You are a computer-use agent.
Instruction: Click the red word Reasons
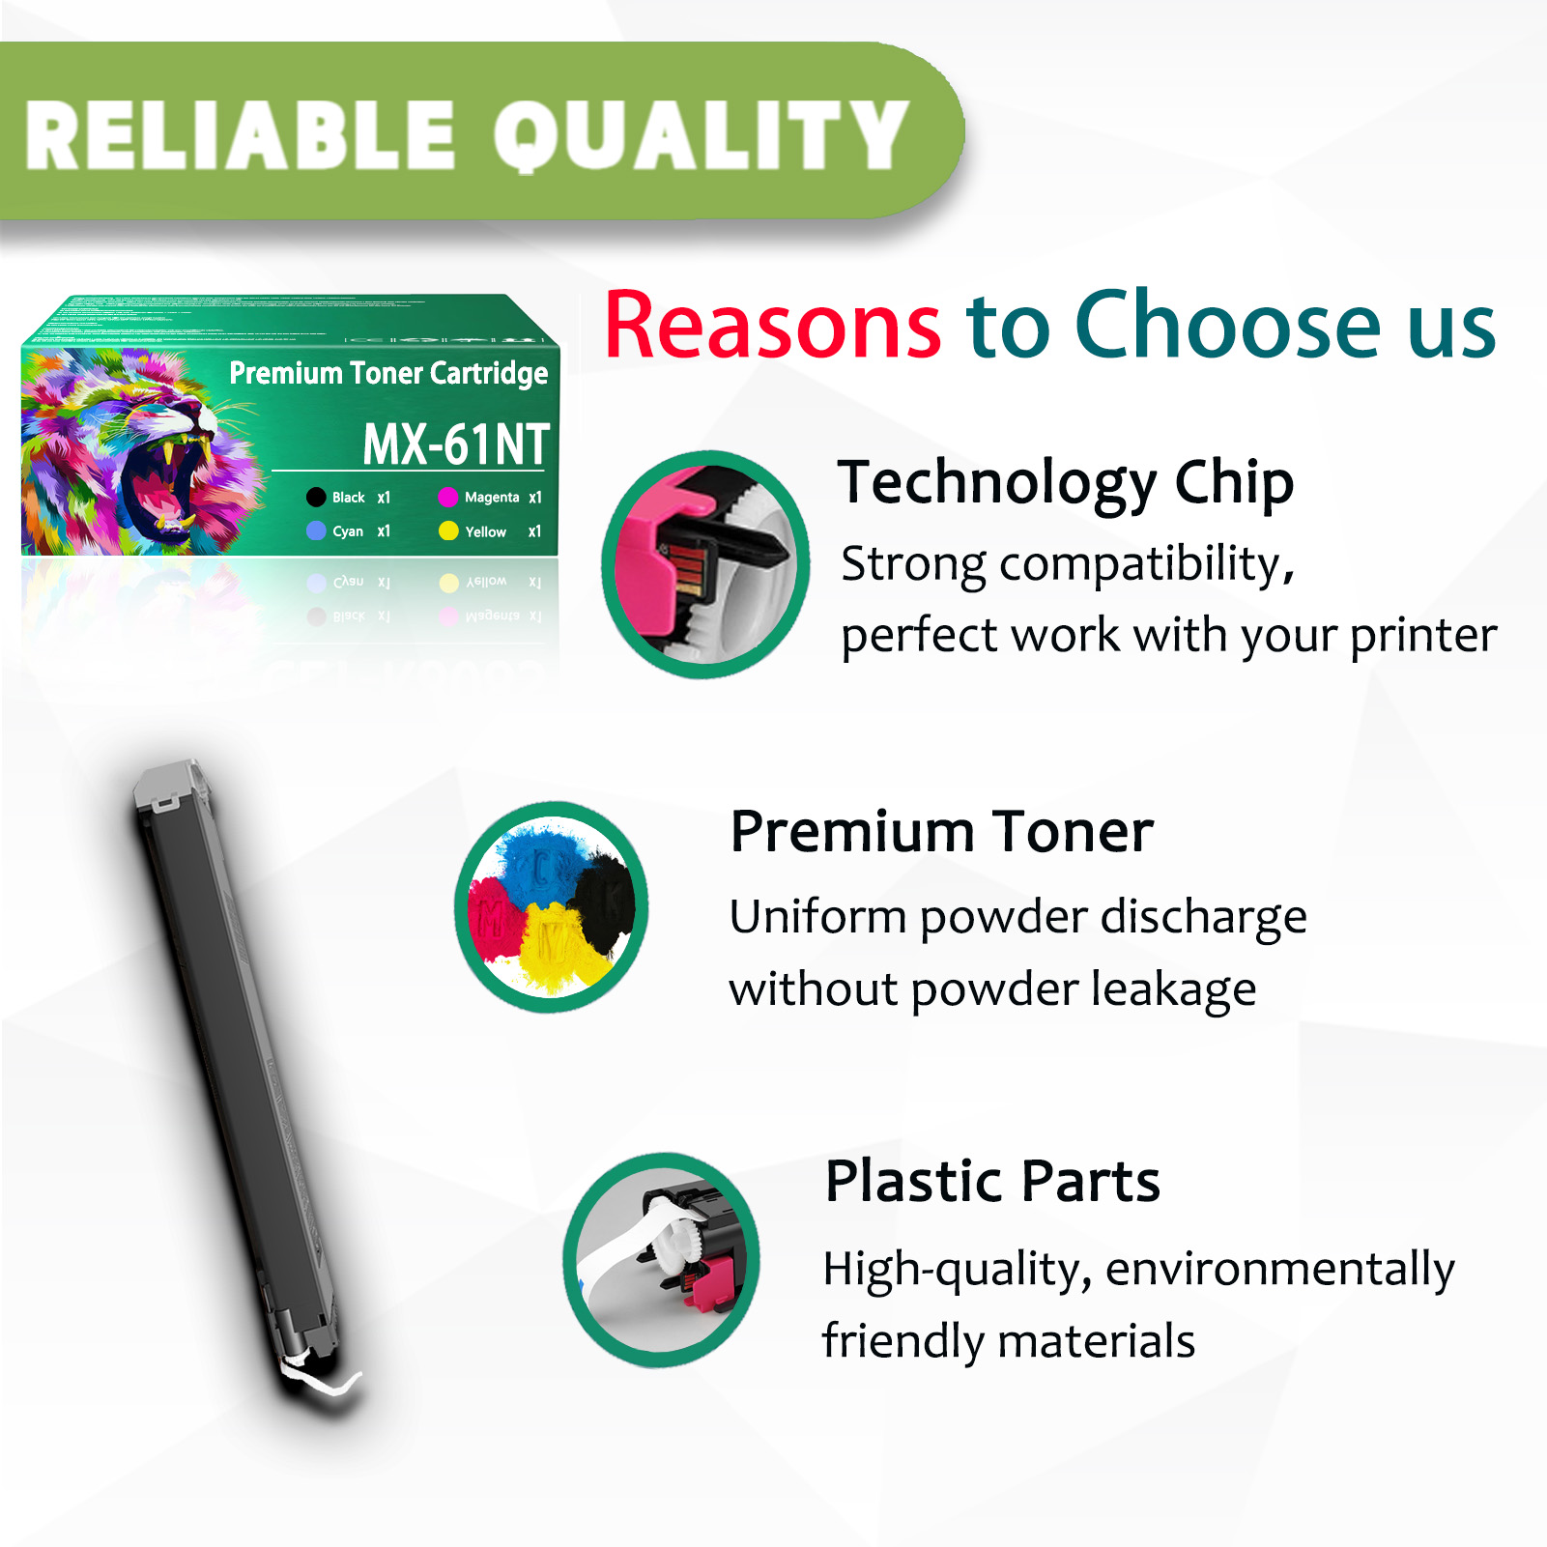pos(772,326)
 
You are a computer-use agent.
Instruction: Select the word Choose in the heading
pos(1228,326)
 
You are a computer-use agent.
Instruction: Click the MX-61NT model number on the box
pos(455,444)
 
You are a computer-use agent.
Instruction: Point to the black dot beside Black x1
pos(316,498)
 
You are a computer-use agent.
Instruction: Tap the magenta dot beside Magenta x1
pos(447,498)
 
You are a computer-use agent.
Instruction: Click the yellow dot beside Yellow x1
pos(448,531)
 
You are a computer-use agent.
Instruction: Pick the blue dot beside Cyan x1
pos(316,531)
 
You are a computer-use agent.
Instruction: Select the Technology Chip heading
pos(1065,482)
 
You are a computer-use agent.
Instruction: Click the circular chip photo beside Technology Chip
pos(705,565)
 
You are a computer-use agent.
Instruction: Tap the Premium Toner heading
pos(941,832)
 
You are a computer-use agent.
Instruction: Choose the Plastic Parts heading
pos(992,1181)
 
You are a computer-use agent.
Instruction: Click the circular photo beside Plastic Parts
pos(663,1260)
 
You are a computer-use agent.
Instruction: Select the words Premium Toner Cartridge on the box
pos(388,373)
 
